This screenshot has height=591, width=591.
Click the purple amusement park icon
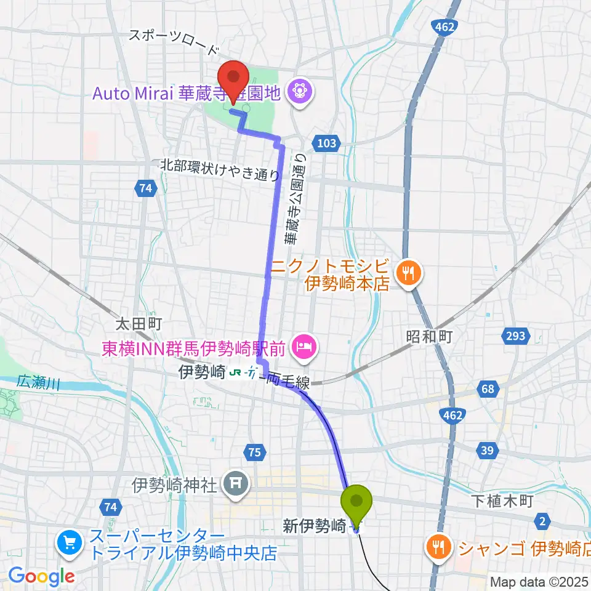[x=300, y=92]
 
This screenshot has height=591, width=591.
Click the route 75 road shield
[x=254, y=452]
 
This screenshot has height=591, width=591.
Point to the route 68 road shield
[x=488, y=390]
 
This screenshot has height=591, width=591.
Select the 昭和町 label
[x=429, y=336]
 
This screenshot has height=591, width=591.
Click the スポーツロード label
[x=173, y=42]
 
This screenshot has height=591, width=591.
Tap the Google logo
[x=41, y=577]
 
